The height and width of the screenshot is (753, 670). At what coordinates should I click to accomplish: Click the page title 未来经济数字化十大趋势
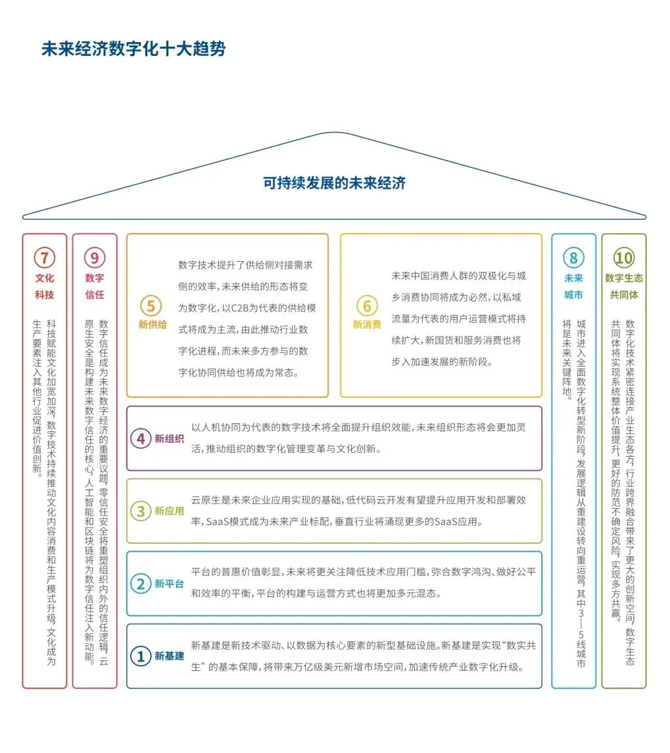click(133, 49)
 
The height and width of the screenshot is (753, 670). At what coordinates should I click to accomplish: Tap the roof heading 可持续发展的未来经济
click(334, 183)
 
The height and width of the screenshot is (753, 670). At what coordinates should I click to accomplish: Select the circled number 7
click(45, 257)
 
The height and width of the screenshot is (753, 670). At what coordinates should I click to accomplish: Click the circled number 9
click(95, 257)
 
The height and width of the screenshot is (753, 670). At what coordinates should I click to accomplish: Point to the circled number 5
click(151, 305)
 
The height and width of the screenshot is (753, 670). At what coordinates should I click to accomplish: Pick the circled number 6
click(367, 305)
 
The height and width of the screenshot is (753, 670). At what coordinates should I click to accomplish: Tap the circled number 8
click(573, 257)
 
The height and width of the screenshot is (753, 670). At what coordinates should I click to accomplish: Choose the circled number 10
click(623, 257)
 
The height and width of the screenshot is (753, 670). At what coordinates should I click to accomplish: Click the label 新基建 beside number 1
click(170, 656)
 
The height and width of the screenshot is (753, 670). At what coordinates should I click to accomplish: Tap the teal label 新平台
click(170, 584)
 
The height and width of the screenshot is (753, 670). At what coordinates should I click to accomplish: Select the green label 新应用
click(170, 511)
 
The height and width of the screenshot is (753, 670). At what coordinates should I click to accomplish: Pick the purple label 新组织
click(170, 438)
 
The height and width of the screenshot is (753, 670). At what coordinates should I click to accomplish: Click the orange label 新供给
click(153, 325)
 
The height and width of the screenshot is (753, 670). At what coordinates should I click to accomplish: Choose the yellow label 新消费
click(367, 325)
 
